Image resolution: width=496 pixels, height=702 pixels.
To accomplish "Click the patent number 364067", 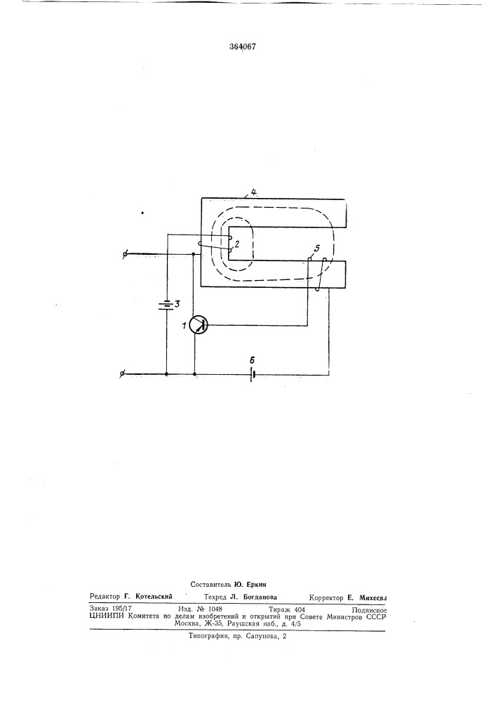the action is pyautogui.click(x=243, y=46).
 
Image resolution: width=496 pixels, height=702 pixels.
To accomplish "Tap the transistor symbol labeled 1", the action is pyautogui.click(x=198, y=324).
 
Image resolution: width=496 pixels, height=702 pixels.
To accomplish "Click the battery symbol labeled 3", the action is pyautogui.click(x=166, y=305).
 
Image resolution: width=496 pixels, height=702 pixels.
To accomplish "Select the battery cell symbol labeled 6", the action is pyautogui.click(x=252, y=374).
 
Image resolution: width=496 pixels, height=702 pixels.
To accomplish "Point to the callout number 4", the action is pyautogui.click(x=253, y=192).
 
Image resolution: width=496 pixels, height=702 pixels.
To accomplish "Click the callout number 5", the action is pyautogui.click(x=317, y=248).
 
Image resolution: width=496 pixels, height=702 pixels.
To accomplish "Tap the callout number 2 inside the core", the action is pyautogui.click(x=237, y=244).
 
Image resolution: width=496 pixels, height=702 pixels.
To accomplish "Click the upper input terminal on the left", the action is pyautogui.click(x=126, y=255).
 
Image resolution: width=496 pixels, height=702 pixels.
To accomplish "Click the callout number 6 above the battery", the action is pyautogui.click(x=252, y=360).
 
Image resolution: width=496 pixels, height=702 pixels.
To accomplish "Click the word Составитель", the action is pyautogui.click(x=210, y=584).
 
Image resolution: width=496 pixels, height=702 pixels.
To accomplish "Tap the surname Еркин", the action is pyautogui.click(x=255, y=584).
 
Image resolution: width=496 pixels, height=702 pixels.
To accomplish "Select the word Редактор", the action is pyautogui.click(x=105, y=597).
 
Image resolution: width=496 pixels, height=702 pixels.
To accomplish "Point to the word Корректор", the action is pyautogui.click(x=326, y=597).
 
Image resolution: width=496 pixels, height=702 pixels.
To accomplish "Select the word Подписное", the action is pyautogui.click(x=369, y=610).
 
